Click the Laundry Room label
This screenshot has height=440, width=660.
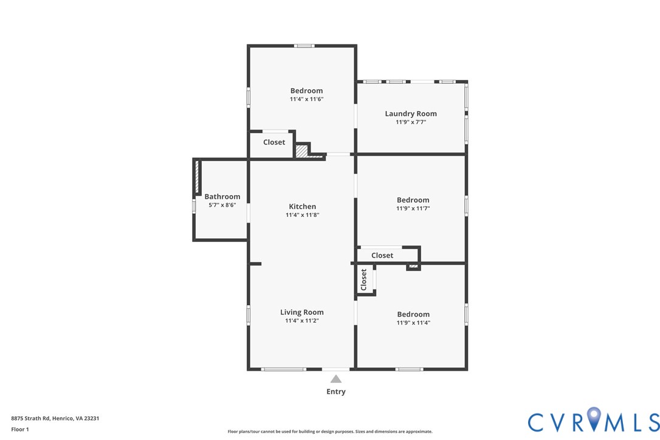(x=411, y=114)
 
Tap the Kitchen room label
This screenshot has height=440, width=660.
(x=302, y=207)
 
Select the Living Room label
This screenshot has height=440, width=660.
(x=302, y=312)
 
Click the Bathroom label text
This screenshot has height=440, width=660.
(x=222, y=196)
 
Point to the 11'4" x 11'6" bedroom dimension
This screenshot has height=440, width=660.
(x=306, y=99)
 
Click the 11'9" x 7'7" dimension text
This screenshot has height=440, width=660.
(x=411, y=122)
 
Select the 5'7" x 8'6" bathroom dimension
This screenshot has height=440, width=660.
(x=222, y=205)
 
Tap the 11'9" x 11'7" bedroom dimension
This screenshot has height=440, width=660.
(x=413, y=208)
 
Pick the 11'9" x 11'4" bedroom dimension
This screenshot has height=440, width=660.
(x=413, y=323)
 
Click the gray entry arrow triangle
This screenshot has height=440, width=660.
(x=335, y=379)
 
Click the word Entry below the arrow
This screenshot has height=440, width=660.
(x=335, y=392)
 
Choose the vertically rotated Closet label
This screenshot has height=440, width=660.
(x=364, y=280)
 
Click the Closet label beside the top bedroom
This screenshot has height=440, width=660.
(x=274, y=142)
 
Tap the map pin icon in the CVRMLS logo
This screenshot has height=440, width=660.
(x=594, y=420)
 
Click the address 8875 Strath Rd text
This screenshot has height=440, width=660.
(x=55, y=418)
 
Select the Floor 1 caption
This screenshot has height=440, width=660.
(x=20, y=429)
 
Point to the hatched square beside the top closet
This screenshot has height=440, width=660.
(x=301, y=150)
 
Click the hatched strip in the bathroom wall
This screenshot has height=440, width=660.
(x=197, y=178)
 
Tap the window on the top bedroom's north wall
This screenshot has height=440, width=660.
(x=304, y=46)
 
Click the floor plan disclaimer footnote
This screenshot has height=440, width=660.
(x=330, y=431)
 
